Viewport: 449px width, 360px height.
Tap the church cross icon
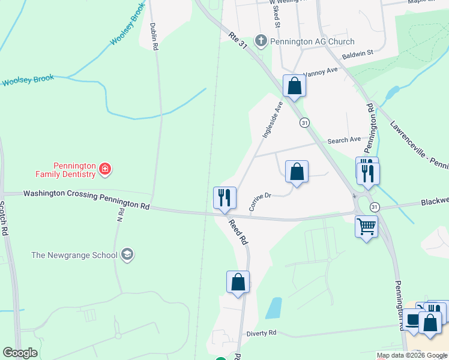[x=261, y=41]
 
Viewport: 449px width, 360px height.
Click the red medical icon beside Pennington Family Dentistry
[x=105, y=170]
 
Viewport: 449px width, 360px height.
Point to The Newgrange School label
[x=74, y=255]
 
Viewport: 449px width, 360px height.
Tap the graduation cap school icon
[x=127, y=255]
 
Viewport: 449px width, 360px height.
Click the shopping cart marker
[x=366, y=226]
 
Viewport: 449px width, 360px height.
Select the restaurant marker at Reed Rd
[x=224, y=197]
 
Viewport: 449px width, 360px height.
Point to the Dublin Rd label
[x=154, y=36]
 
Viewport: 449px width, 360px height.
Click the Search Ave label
[x=344, y=140]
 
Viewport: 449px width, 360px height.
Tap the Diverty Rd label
[x=261, y=333]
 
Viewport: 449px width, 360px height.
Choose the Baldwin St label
[x=358, y=53]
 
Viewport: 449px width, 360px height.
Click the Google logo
[x=20, y=353]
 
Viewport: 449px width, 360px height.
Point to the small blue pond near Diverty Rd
[x=274, y=308]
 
